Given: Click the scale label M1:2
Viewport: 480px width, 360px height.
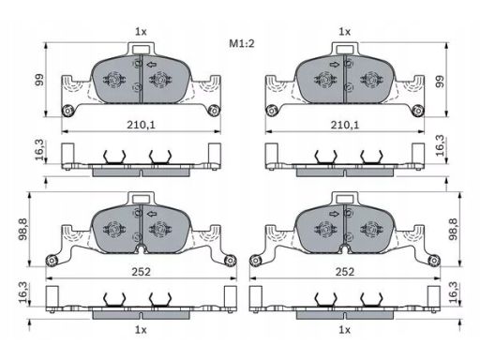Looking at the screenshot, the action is [x=242, y=43].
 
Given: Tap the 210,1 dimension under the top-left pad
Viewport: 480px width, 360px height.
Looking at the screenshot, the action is [x=141, y=125].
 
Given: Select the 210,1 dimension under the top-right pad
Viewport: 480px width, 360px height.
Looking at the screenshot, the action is [x=345, y=125].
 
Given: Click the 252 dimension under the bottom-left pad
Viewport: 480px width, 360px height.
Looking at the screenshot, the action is [x=141, y=272].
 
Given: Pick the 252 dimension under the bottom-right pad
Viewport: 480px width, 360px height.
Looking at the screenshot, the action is [x=345, y=272].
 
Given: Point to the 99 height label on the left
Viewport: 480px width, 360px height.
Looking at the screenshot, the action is [x=39, y=80].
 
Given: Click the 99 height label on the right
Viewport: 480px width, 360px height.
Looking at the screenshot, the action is [x=440, y=82].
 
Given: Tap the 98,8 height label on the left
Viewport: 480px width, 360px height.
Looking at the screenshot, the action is [x=23, y=229].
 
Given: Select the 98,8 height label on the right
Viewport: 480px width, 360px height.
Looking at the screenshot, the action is [x=453, y=229].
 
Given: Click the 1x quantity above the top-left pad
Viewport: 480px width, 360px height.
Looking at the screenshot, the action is [x=141, y=32].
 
